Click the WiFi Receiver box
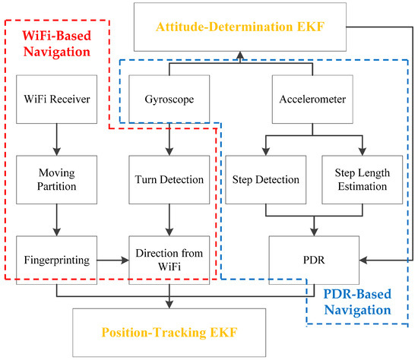[55, 98]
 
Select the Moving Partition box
[55, 180]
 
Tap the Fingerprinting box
[55, 260]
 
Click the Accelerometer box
[314, 98]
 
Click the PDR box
[314, 260]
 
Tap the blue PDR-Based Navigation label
[357, 302]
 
